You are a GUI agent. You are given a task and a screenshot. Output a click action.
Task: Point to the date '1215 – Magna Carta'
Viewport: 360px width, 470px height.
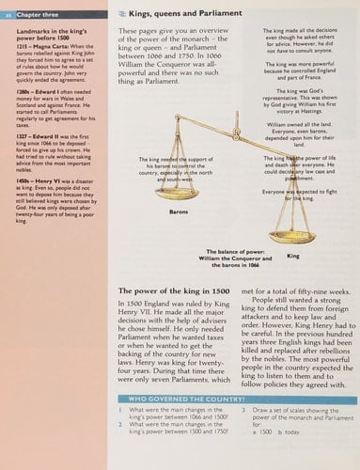point(34,58)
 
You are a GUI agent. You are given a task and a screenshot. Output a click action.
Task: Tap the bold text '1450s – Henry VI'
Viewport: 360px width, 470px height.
point(33,213)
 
